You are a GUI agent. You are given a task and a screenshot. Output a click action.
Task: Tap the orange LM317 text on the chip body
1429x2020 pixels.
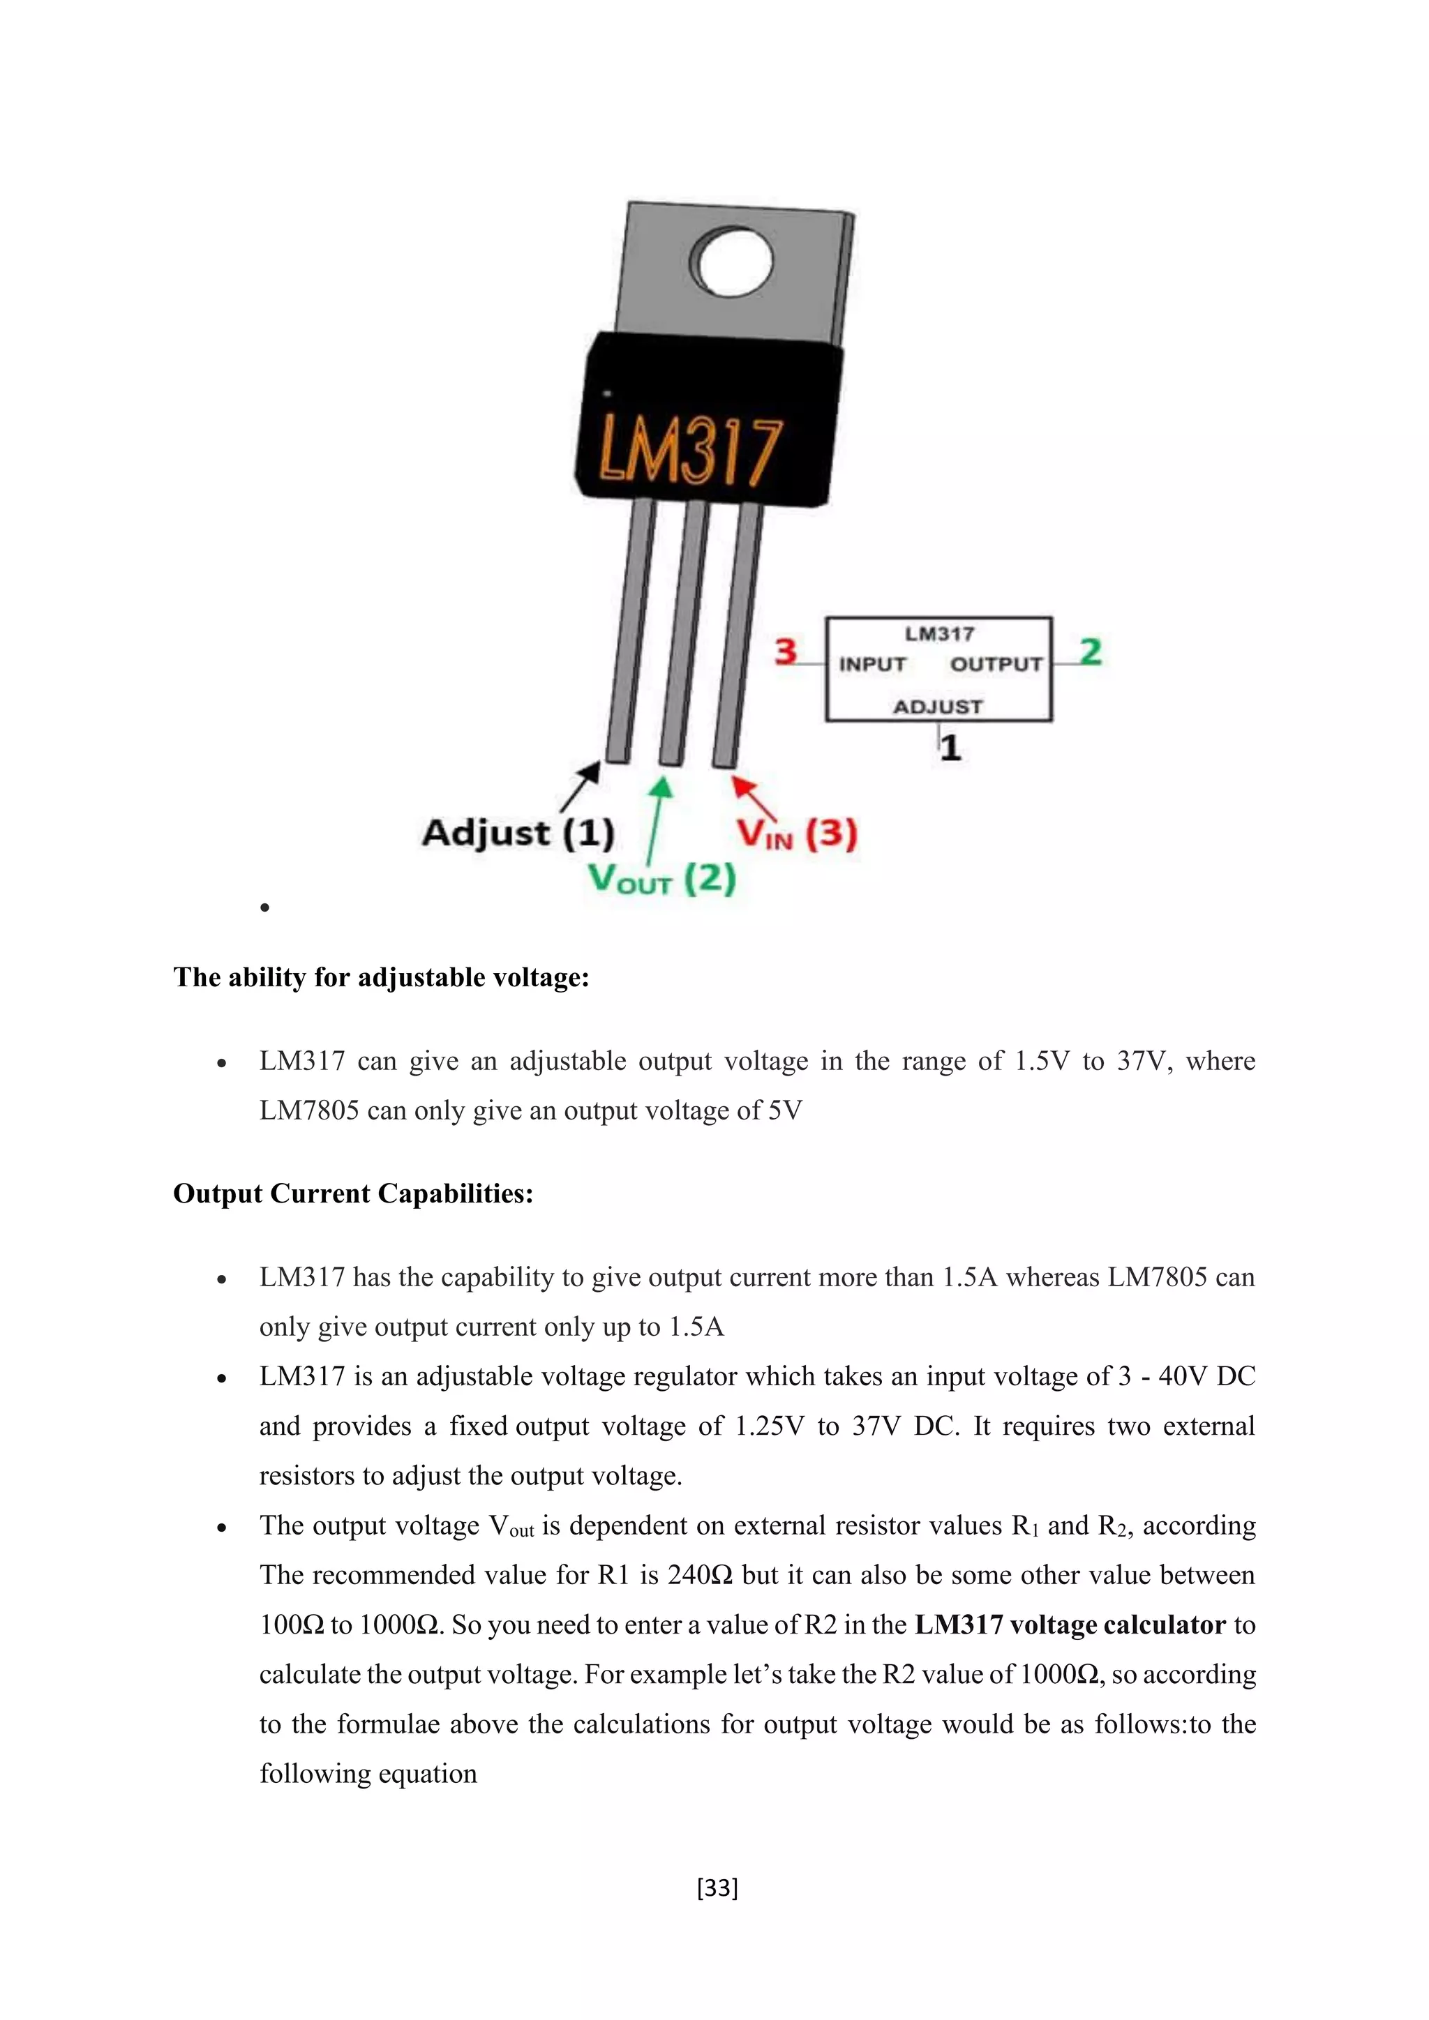tap(691, 452)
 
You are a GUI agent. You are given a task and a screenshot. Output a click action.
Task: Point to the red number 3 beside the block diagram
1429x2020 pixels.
tap(786, 652)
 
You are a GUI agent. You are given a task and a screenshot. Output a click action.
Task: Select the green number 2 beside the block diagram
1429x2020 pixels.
tap(1090, 652)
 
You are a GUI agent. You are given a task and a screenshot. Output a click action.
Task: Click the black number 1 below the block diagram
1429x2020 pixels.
tap(950, 748)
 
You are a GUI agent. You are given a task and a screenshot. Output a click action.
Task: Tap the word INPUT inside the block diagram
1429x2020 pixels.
tap(872, 664)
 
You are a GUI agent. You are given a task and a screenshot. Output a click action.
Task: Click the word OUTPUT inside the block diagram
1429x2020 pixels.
tap(996, 664)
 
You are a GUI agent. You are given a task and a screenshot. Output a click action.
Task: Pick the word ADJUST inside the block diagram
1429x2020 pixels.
tap(938, 707)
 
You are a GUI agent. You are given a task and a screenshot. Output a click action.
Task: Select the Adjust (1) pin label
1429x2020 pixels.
tap(518, 832)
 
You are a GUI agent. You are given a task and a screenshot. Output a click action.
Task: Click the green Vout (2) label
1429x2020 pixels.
tap(661, 878)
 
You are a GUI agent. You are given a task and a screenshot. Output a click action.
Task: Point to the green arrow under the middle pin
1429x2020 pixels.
tap(657, 818)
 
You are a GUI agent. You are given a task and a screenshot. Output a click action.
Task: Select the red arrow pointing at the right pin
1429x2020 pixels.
tap(754, 797)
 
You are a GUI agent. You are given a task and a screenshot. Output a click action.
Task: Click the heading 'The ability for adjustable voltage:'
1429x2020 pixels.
tap(381, 977)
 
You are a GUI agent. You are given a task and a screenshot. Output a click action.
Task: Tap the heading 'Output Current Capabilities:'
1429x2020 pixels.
tap(353, 1194)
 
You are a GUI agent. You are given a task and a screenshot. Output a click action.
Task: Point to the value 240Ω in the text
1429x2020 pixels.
tap(700, 1575)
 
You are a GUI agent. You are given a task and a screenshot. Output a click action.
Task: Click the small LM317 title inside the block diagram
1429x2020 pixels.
tap(940, 633)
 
